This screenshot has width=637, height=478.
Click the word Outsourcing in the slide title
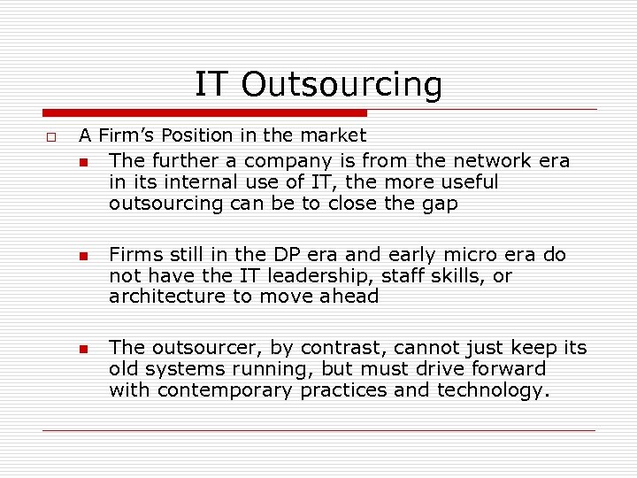[x=341, y=85]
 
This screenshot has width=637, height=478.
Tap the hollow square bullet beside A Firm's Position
[x=51, y=137]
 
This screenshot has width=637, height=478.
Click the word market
[x=332, y=135]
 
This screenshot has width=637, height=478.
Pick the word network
[x=489, y=161]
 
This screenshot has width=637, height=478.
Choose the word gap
[x=440, y=204]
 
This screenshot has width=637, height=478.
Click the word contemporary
[x=223, y=390]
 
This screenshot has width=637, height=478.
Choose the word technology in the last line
[x=493, y=390]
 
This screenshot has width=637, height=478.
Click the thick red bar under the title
[x=204, y=112]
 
